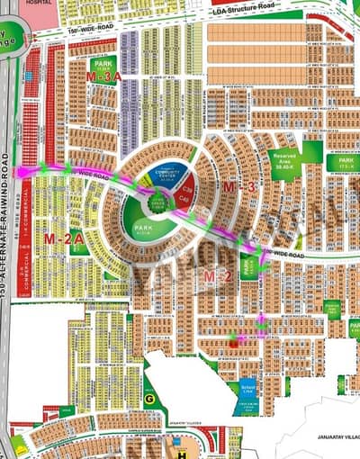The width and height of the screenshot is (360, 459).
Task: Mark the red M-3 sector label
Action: coord(238,186)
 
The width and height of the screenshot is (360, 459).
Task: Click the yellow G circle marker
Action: coord(149,396)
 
